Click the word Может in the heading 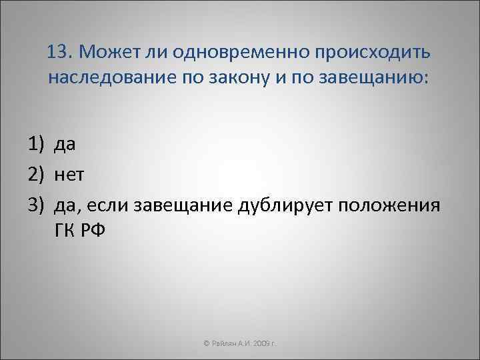104,52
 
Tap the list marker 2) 37,174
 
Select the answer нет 70,174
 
